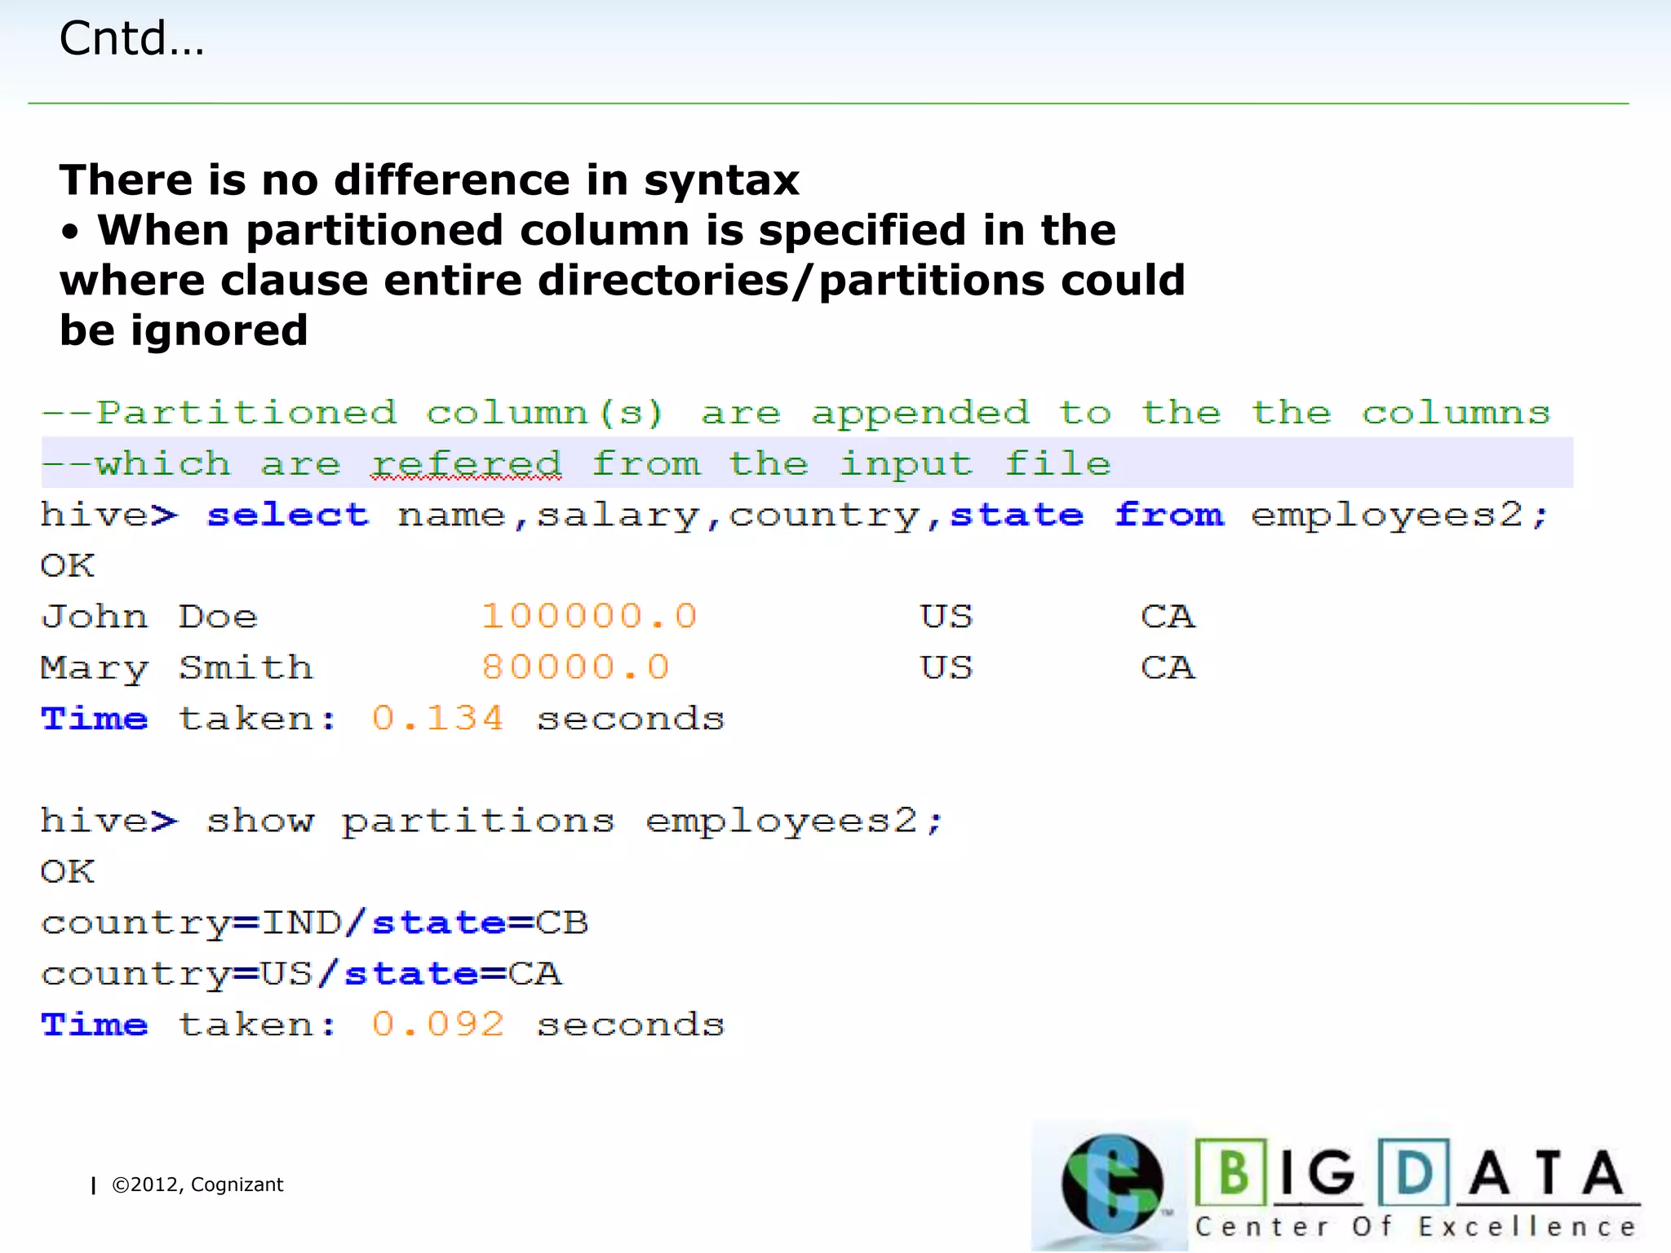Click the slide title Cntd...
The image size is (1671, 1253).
click(131, 38)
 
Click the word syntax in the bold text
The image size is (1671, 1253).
click(721, 180)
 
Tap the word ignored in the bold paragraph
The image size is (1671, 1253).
click(219, 330)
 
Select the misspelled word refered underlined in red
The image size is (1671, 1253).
click(466, 464)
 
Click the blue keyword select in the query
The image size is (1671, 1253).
click(287, 516)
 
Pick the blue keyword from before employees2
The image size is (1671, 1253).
click(1168, 516)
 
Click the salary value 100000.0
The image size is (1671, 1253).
click(589, 616)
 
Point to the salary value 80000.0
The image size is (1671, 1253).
click(575, 667)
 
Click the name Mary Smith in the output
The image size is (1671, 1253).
click(176, 667)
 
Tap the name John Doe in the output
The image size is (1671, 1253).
click(149, 616)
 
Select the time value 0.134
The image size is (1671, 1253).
click(438, 719)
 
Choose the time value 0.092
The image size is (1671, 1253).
click(438, 1025)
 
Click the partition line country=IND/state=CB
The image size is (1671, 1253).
click(314, 923)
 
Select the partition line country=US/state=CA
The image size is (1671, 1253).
click(301, 974)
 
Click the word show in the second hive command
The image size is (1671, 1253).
click(259, 821)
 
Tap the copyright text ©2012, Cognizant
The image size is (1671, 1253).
click(197, 1184)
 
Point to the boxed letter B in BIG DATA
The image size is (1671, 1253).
click(1232, 1172)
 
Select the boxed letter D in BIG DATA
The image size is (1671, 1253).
click(1414, 1172)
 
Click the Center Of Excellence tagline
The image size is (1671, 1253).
click(1416, 1227)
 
